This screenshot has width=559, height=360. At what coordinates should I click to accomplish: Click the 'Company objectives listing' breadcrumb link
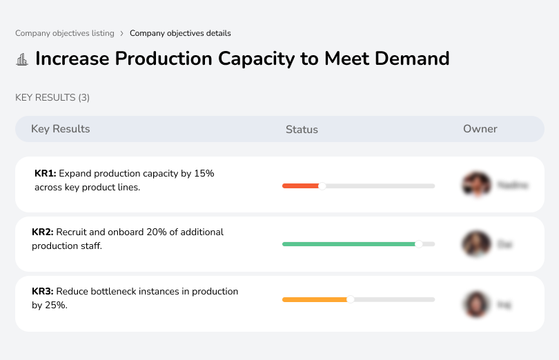[x=65, y=33]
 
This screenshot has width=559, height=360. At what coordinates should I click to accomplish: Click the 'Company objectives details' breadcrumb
[x=180, y=33]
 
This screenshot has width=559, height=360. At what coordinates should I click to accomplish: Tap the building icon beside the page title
[x=22, y=59]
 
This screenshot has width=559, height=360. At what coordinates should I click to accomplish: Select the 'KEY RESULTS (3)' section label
[x=52, y=98]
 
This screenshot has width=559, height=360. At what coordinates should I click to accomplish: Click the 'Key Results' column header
[x=61, y=129]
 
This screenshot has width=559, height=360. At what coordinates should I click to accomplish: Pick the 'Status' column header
[x=302, y=130]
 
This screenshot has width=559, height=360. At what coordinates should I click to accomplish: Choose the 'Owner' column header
[x=480, y=129]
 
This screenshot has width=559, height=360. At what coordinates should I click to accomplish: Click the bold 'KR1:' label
[x=45, y=174]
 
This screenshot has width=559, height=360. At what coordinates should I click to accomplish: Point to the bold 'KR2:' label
[x=43, y=232]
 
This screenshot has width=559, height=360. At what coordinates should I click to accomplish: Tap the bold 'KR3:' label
[x=43, y=292]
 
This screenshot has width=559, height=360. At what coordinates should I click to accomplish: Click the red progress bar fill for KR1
[x=300, y=186]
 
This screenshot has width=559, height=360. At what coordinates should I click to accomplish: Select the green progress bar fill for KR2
[x=349, y=244]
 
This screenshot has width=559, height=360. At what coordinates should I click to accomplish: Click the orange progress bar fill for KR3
[x=315, y=299]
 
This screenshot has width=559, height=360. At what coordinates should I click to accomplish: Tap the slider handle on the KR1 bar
[x=322, y=186]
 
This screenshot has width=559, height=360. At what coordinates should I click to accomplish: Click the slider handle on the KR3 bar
[x=351, y=299]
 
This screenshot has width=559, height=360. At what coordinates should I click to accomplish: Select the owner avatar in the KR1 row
[x=476, y=185]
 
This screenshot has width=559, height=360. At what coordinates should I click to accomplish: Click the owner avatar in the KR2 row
[x=476, y=244]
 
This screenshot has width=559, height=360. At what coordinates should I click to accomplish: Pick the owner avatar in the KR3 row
[x=476, y=303]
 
